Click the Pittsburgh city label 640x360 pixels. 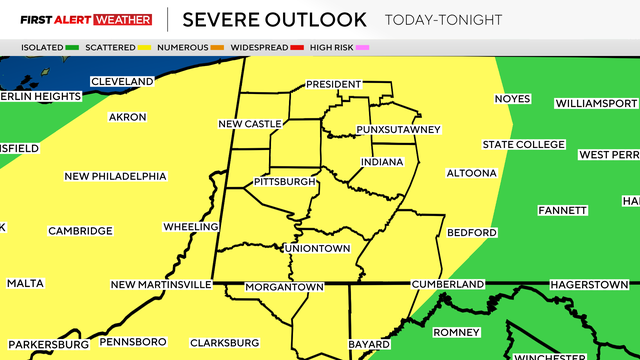tap(285, 182)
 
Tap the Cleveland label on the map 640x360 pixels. tap(122, 81)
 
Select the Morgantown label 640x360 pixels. tap(287, 287)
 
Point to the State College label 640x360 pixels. tap(524, 145)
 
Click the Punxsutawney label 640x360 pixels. tap(398, 130)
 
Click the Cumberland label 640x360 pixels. tap(451, 284)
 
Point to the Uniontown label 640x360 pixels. tap(317, 248)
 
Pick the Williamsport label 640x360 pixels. tap(596, 103)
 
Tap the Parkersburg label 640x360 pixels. tap(48, 344)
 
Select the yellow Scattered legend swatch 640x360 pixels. tap(148, 47)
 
